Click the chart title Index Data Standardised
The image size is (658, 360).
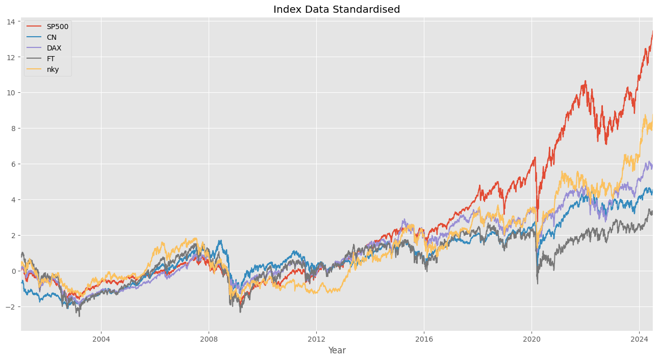click(x=337, y=9)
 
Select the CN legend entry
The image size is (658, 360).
click(x=52, y=37)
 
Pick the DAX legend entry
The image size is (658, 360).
click(x=54, y=48)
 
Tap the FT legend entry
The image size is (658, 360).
click(x=50, y=59)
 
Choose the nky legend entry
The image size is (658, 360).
click(x=53, y=69)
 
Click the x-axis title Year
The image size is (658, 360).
click(x=337, y=351)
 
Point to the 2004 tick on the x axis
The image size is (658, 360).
click(x=101, y=339)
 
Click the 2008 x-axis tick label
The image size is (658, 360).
click(x=209, y=339)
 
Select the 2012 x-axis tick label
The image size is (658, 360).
click(x=316, y=339)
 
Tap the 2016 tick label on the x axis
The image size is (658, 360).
click(x=424, y=339)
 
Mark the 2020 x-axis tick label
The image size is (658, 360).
click(x=532, y=339)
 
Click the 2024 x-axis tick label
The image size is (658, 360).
click(x=639, y=339)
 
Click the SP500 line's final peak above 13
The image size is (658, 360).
click(x=652, y=31)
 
